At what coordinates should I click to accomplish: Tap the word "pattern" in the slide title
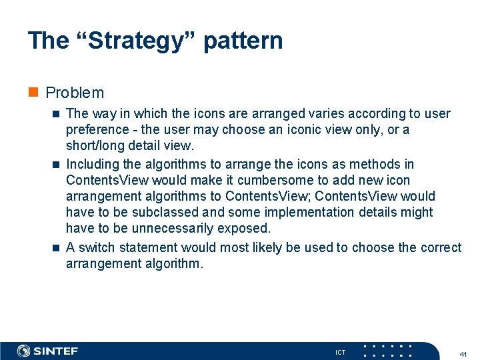(x=243, y=40)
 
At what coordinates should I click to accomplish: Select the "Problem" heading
(x=75, y=93)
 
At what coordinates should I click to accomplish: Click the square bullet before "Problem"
(x=33, y=93)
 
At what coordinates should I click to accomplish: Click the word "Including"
(x=93, y=164)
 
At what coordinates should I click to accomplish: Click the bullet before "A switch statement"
(x=55, y=248)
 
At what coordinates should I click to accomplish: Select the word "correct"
(x=441, y=247)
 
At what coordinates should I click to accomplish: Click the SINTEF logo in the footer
(x=48, y=351)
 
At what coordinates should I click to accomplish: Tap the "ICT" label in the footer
(x=340, y=352)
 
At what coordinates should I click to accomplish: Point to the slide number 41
(x=463, y=353)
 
